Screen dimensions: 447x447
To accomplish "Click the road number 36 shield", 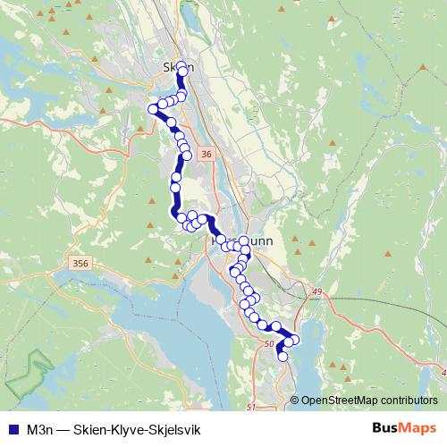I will point(207,155).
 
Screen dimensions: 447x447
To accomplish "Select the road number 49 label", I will point(316,291).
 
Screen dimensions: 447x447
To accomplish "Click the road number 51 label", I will point(250,408).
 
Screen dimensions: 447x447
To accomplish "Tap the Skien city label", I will point(177,65).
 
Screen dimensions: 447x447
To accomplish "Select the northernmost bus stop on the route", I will point(182,67).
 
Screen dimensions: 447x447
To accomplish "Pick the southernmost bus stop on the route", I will point(283,356).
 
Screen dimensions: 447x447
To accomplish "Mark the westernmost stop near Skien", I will point(152,109).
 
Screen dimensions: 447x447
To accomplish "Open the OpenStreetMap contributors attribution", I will point(369,401).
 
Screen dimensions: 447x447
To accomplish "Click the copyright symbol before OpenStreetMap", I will point(295,401).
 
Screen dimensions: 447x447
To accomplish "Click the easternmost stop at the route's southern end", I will point(294,340).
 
